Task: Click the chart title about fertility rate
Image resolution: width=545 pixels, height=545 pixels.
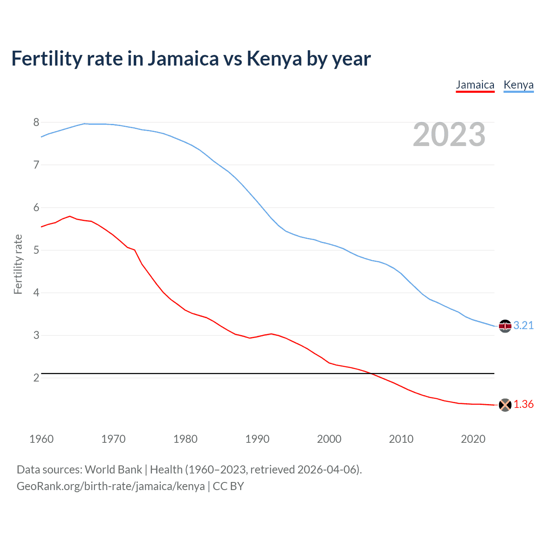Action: tap(191, 59)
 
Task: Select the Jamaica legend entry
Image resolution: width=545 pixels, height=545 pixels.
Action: tap(475, 85)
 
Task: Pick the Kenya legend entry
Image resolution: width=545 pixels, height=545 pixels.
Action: tap(518, 85)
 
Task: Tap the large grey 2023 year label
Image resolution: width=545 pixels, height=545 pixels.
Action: tap(449, 135)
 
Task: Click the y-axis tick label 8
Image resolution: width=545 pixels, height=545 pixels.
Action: tap(36, 123)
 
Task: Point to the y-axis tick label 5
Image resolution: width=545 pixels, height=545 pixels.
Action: tap(36, 250)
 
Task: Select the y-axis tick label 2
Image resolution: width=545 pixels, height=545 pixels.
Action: tap(36, 378)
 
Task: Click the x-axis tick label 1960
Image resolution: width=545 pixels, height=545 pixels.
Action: tap(41, 439)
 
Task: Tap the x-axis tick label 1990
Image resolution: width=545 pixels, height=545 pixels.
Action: tap(257, 439)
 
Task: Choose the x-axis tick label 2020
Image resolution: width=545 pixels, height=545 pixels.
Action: tap(473, 439)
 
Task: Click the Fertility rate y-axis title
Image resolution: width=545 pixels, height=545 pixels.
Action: tap(18, 264)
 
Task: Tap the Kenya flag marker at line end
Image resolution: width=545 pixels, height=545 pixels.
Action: tap(505, 326)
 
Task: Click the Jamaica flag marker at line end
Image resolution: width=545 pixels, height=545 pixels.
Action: tap(505, 405)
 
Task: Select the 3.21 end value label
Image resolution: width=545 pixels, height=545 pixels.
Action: tap(523, 326)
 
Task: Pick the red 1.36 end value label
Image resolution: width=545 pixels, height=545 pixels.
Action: tap(523, 404)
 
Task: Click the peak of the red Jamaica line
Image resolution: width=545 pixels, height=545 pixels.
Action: tap(70, 216)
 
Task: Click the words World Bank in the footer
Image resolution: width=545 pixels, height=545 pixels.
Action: tap(113, 470)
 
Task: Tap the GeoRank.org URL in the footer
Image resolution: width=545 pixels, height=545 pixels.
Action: tap(111, 486)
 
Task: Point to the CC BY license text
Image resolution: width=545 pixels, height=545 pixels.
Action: tap(228, 486)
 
